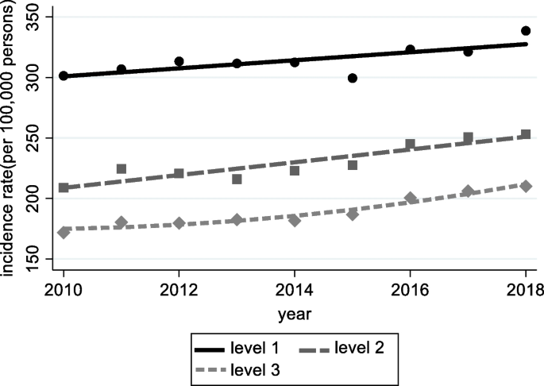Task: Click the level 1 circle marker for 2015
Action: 353,78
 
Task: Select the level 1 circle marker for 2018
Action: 526,31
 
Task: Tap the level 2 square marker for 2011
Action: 122,168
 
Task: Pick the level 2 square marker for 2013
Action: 237,179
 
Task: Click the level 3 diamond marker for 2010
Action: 64,233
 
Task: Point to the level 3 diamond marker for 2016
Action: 410,198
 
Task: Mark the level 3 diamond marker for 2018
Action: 526,185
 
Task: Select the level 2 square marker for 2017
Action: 468,137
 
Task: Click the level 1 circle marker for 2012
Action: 179,61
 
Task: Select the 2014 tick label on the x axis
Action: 295,290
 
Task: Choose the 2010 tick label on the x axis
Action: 64,290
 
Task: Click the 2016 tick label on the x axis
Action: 410,290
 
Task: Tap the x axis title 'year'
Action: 295,314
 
